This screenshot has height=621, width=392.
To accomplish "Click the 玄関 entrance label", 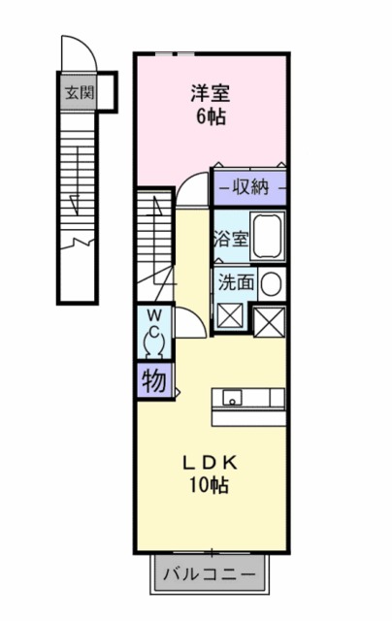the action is (80, 93).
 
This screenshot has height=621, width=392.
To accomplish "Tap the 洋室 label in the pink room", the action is (211, 93).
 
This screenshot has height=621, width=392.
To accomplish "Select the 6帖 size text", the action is (212, 116).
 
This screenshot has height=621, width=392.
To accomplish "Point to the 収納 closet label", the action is (250, 187).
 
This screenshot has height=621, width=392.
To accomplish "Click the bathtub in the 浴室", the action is (268, 236).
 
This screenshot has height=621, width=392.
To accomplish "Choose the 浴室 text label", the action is (231, 239).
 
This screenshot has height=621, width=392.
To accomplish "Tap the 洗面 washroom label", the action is (237, 282).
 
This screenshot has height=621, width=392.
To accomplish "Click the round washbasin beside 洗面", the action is (272, 284).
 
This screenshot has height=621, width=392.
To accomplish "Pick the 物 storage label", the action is (154, 381).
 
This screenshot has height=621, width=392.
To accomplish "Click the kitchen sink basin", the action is (232, 398).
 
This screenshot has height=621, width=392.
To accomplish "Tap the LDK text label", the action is (210, 463).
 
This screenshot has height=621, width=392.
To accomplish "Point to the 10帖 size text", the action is (209, 485).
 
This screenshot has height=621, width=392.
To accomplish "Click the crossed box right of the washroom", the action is (269, 322).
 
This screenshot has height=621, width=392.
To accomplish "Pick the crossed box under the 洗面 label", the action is (230, 316).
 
